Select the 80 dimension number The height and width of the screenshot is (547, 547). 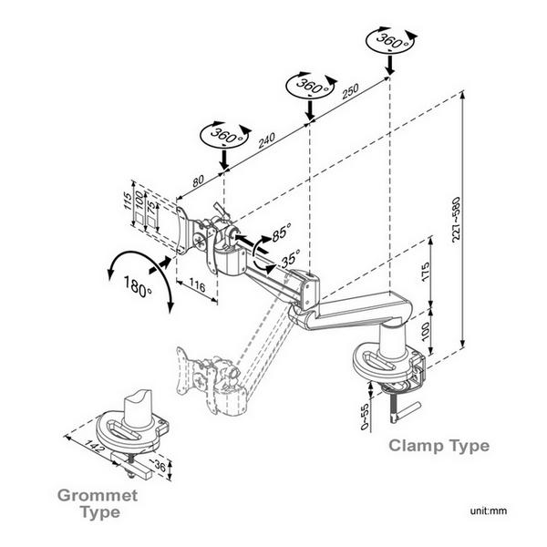(x=198, y=180)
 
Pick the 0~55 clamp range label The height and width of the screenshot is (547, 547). (x=365, y=415)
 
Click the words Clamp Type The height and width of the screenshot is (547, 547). (x=439, y=446)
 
